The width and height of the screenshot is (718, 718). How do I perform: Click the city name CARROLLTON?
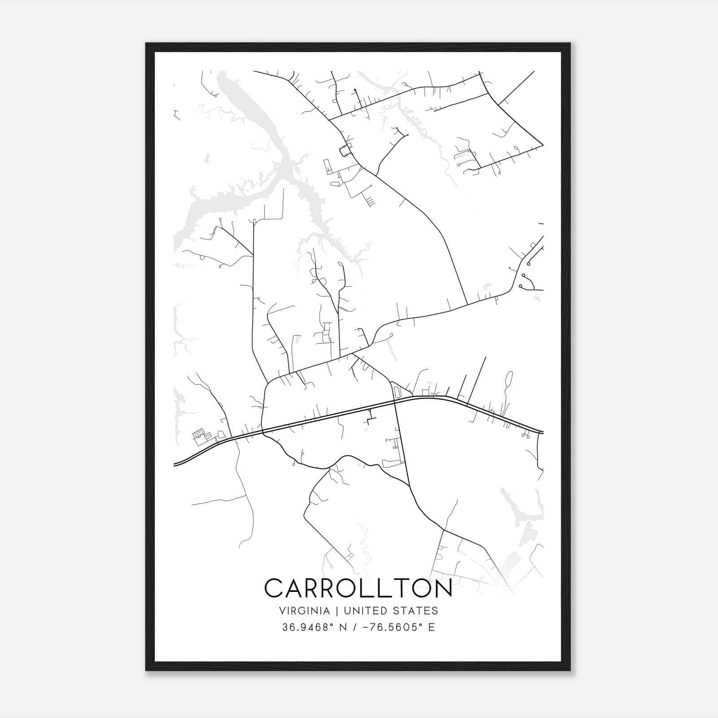(x=358, y=588)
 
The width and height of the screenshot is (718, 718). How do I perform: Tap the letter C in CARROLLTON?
(x=274, y=588)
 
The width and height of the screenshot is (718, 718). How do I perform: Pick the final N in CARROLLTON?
(x=442, y=588)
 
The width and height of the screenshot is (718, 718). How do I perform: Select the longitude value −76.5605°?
(x=386, y=627)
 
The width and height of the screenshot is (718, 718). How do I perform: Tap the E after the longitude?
(x=431, y=627)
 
